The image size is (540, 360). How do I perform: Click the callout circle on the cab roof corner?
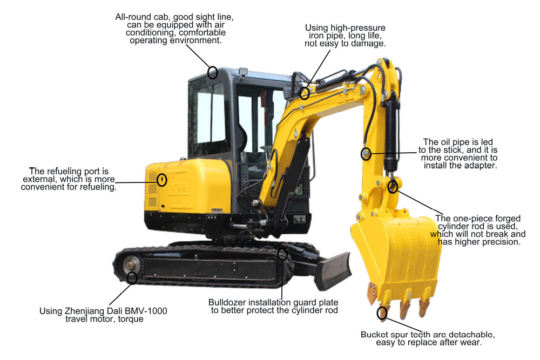pos(213,72)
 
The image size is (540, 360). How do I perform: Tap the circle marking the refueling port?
pos(161,179)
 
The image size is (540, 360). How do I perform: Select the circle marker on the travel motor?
pos(132,278)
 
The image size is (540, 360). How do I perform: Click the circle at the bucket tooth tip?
pos(382,313)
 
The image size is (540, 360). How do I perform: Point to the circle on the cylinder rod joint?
pos(393,187)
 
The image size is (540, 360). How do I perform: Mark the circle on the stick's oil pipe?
pos(366,154)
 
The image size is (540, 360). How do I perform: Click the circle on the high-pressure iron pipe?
pos(305,93)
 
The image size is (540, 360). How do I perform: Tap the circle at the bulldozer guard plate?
pos(282,254)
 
